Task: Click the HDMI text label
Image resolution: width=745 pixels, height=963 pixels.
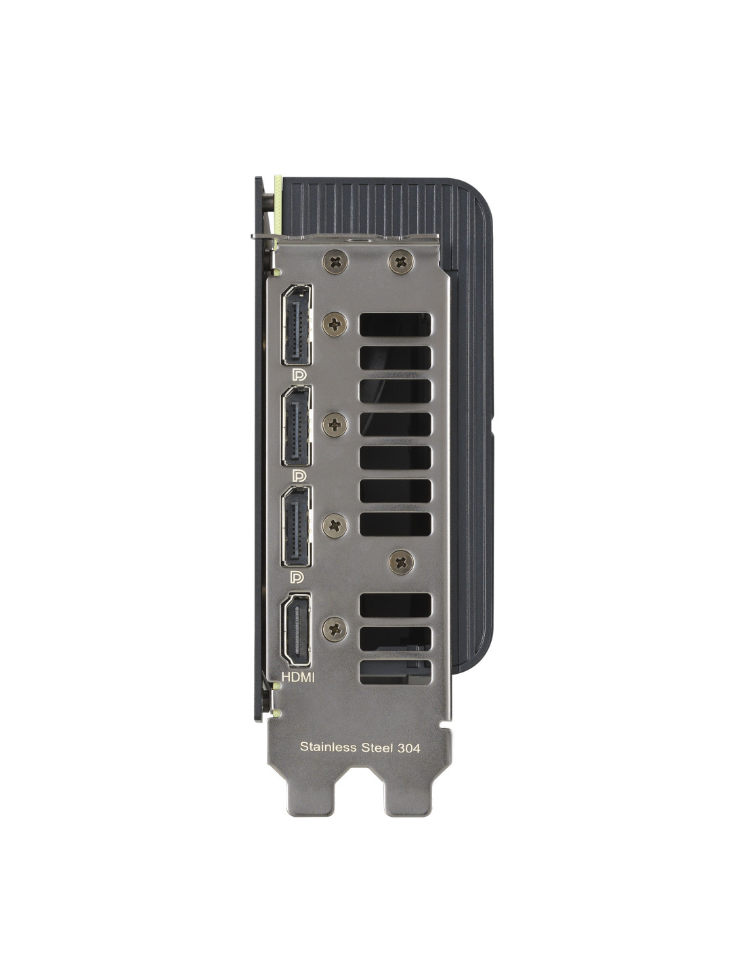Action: [x=298, y=689]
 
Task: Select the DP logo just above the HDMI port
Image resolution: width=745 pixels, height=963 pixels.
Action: [x=297, y=576]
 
